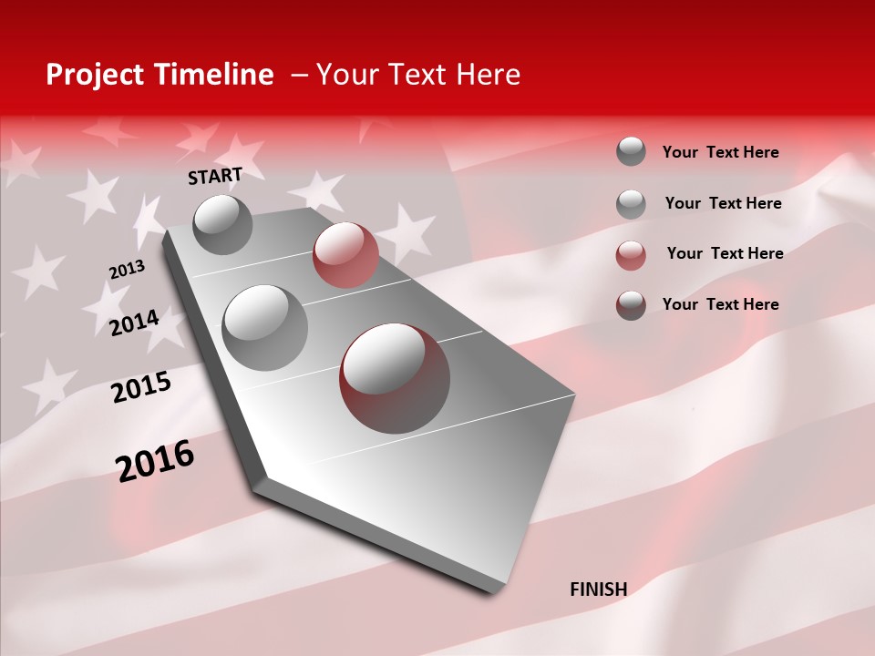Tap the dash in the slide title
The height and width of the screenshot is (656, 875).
coord(299,75)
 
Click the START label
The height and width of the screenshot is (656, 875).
coord(215,176)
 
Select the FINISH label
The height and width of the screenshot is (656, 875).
coord(599,589)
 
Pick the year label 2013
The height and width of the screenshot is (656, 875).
coord(127,270)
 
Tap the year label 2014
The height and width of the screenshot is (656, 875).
coord(134,323)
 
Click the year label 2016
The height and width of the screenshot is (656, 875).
coord(155,461)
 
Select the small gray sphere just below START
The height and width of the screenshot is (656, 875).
coord(222,224)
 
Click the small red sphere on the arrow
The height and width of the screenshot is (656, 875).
coord(345,255)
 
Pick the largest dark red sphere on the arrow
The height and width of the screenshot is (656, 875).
coord(394,377)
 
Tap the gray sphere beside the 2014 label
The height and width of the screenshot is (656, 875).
coord(265,328)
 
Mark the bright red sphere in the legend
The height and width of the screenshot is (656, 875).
coord(631,255)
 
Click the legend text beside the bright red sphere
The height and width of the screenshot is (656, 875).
coord(725,253)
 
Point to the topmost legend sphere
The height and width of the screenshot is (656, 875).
coord(631,151)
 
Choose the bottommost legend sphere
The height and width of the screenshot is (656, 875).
coord(631,305)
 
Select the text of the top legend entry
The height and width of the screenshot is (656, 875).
coord(720,152)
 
